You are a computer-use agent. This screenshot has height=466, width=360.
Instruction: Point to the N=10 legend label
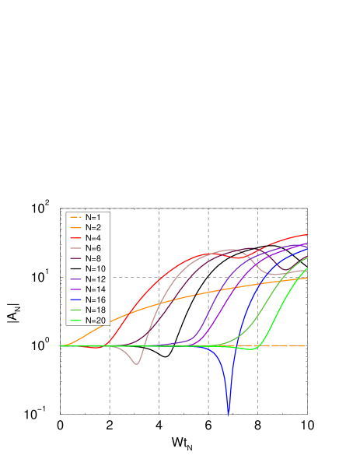click(96, 268)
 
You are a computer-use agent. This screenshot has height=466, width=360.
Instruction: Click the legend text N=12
click(96, 279)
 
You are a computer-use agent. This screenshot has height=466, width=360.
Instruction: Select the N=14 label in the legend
click(96, 289)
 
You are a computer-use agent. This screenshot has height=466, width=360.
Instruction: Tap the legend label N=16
click(96, 300)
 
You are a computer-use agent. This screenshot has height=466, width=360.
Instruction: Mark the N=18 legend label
click(96, 310)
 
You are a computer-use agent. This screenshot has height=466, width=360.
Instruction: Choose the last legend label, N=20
click(96, 320)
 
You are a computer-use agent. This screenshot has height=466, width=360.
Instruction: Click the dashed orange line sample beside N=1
click(75, 216)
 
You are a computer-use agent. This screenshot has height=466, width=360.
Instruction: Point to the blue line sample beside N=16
click(75, 300)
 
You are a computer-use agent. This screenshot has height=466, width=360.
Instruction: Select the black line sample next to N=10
click(75, 268)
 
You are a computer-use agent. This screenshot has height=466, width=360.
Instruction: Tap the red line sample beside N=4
click(75, 237)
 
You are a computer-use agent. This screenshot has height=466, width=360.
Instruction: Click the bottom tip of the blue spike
click(229, 413)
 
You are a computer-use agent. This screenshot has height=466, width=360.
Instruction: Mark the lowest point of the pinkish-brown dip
click(137, 364)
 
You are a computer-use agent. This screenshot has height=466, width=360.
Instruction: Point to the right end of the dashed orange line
click(306, 345)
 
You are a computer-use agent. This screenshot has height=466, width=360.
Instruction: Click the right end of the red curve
click(306, 233)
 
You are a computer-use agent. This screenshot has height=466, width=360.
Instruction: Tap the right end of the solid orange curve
click(306, 277)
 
